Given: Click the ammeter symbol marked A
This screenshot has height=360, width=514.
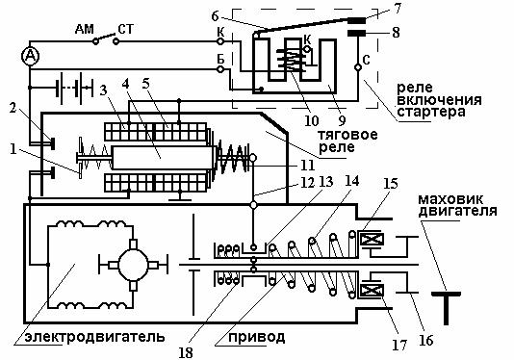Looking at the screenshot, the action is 30,57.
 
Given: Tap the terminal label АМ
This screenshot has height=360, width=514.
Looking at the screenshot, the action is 85,29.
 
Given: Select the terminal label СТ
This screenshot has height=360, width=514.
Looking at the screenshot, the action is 126,29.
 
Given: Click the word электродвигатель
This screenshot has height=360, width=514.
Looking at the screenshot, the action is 94,336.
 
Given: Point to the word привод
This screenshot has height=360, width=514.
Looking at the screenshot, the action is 256,337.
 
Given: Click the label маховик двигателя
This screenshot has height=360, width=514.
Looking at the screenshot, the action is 457,205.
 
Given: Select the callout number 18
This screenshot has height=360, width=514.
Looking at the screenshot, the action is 186,353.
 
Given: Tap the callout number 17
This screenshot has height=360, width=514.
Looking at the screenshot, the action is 399,345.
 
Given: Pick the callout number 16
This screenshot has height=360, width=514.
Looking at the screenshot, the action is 425,340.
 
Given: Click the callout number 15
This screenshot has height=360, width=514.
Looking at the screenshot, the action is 390,184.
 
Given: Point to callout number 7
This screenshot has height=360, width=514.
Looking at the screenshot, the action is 398,9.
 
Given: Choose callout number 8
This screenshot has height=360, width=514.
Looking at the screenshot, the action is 396,33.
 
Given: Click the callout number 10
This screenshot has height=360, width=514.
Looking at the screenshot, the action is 312,120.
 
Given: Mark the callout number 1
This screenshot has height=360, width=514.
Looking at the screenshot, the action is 13,149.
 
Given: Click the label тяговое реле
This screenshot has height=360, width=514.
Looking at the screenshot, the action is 347,141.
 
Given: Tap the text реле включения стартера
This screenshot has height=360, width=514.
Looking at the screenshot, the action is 439,100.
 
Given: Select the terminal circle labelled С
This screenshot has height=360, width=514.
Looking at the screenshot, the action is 358,67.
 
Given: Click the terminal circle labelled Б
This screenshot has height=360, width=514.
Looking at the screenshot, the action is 220,69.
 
